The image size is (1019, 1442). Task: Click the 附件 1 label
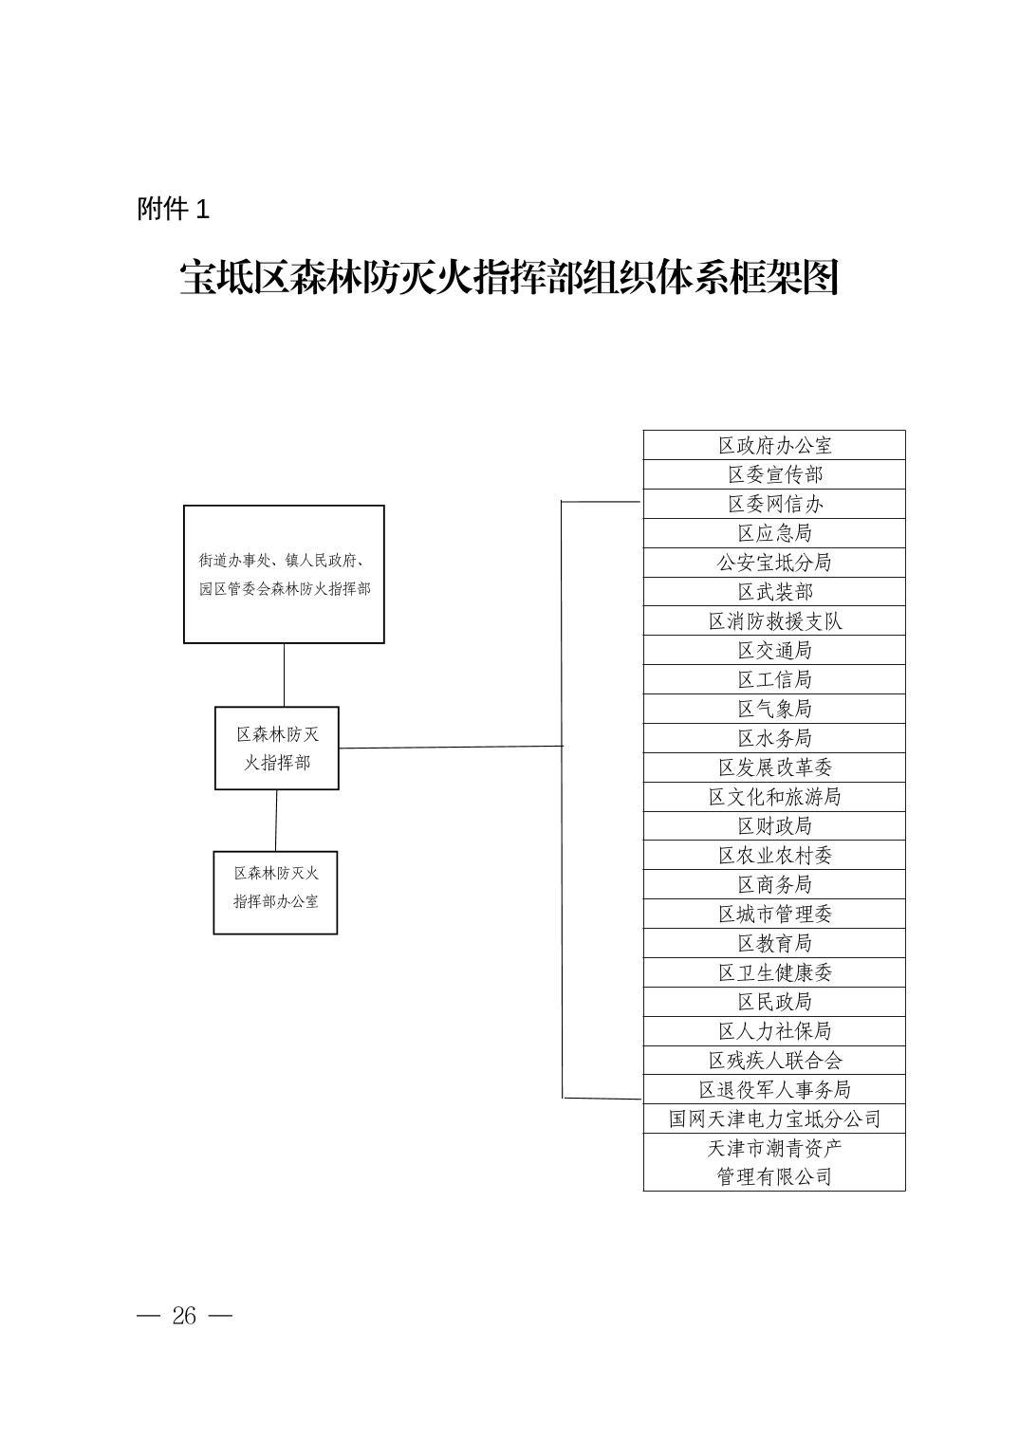(x=174, y=210)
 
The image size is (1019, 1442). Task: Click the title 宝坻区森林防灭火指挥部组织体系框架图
(x=509, y=277)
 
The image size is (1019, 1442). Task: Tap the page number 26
(x=184, y=1316)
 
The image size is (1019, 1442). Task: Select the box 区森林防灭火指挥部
(x=277, y=748)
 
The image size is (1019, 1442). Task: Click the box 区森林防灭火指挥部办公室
(x=275, y=892)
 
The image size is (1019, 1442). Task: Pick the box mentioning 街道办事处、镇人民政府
(x=284, y=574)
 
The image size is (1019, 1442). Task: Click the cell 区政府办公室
(x=774, y=445)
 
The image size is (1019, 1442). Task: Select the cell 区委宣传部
(x=774, y=474)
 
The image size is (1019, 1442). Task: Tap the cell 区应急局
(x=774, y=533)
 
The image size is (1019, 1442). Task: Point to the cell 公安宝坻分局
(x=774, y=562)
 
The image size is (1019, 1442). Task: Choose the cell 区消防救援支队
(x=774, y=620)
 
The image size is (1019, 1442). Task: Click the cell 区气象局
(x=774, y=708)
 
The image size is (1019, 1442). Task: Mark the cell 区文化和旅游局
(x=774, y=796)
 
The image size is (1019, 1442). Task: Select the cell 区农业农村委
(x=774, y=855)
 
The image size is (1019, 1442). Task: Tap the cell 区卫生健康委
(x=774, y=972)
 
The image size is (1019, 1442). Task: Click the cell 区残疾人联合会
(x=774, y=1060)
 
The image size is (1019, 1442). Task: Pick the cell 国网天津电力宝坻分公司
(x=774, y=1118)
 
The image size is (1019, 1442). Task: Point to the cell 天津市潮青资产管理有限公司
(x=774, y=1162)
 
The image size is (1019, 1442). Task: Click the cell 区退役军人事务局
(x=774, y=1089)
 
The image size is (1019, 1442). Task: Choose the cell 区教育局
(x=774, y=942)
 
